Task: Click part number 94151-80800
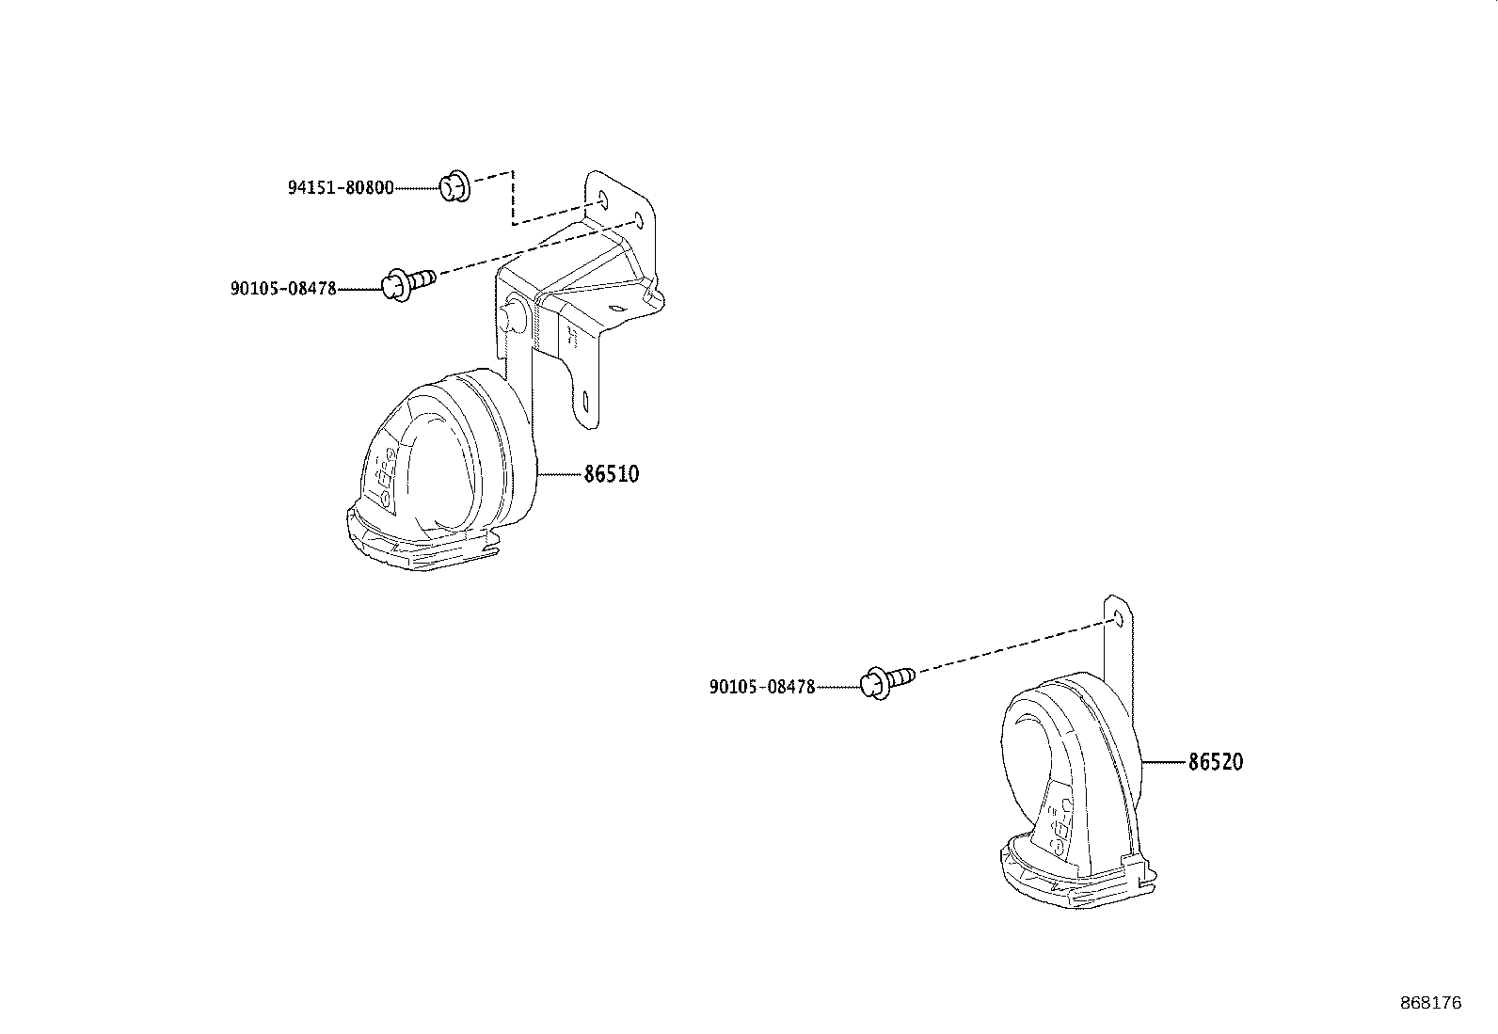coord(340,188)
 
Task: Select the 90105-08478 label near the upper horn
coord(283,289)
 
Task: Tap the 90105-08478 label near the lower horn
coord(762,688)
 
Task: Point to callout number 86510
coord(611,474)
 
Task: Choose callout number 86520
coord(1215,762)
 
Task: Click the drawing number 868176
coord(1430,1004)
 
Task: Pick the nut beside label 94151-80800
coord(454,187)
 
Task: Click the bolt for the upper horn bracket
coord(406,280)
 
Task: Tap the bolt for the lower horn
coord(887,679)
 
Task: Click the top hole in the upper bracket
coord(602,199)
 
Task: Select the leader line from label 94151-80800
coord(416,188)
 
